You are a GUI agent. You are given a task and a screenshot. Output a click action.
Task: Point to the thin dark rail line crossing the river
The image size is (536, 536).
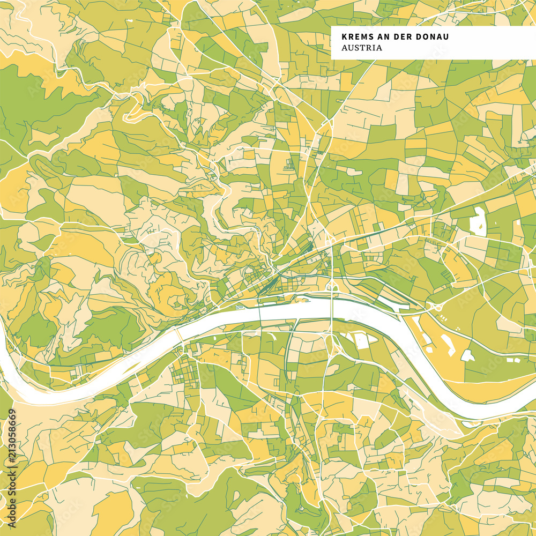[259, 316]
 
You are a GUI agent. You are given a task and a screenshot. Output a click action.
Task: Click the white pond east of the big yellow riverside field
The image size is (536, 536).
[467, 355]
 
